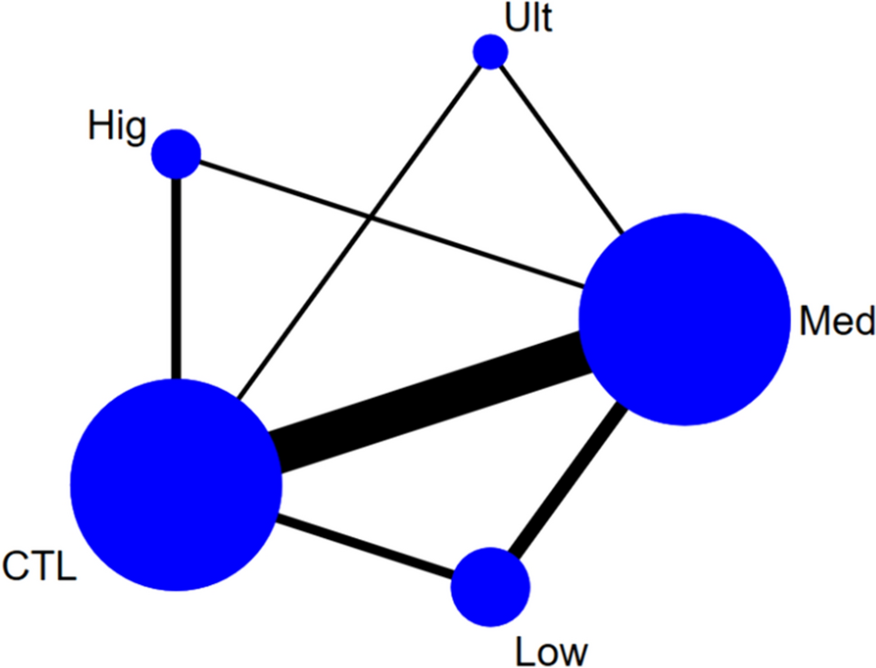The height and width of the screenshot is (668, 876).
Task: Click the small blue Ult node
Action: pyautogui.click(x=490, y=51)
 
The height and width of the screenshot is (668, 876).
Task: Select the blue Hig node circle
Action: pyautogui.click(x=176, y=153)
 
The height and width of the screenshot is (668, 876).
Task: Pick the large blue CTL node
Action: pyautogui.click(x=176, y=485)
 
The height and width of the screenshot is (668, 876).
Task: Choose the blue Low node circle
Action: pyautogui.click(x=490, y=587)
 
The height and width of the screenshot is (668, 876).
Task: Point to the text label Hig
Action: pyautogui.click(x=116, y=127)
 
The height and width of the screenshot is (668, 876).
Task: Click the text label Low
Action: pyautogui.click(x=551, y=649)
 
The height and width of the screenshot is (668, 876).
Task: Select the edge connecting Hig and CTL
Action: pyautogui.click(x=176, y=280)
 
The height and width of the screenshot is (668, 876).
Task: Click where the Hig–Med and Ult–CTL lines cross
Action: pyautogui.click(x=371, y=218)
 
